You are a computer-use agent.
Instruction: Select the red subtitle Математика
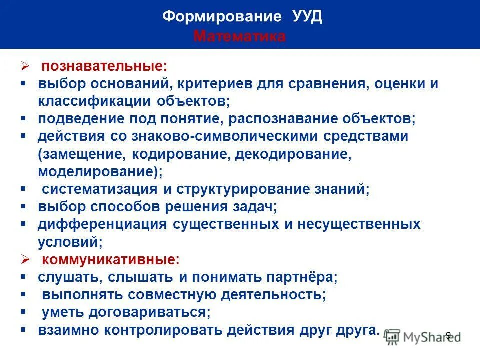point(239,36)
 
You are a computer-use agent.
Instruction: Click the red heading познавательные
point(104,66)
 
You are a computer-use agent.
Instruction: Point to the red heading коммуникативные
point(110,260)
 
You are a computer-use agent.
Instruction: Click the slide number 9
point(448,335)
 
